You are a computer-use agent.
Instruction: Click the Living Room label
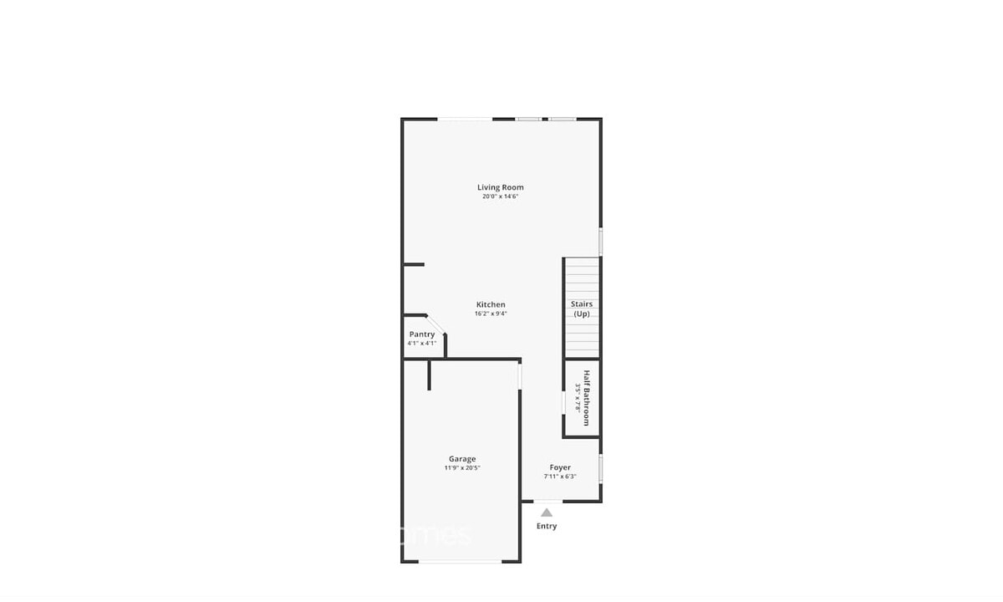coord(500,187)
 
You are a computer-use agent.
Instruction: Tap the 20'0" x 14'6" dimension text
coord(500,196)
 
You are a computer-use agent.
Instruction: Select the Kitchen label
coord(491,304)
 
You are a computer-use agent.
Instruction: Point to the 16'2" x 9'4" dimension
coord(491,314)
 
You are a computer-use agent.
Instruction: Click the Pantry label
coord(421,334)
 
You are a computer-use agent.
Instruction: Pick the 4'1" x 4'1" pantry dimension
coord(421,343)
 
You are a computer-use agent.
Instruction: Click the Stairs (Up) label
coord(582,309)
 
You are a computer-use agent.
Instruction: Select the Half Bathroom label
coord(587,397)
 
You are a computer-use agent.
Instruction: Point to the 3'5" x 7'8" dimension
coord(577,397)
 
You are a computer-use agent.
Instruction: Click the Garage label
coord(462,458)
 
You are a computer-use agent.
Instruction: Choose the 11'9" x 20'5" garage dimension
coord(462,468)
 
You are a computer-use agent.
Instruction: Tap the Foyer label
coord(560,467)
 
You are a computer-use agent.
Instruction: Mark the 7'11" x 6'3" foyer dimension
coord(560,477)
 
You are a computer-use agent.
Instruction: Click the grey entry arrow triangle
coord(546,513)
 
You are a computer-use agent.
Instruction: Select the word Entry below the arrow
coord(546,526)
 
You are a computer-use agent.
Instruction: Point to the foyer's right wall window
coord(601,468)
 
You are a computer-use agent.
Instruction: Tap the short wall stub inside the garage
coord(430,375)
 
